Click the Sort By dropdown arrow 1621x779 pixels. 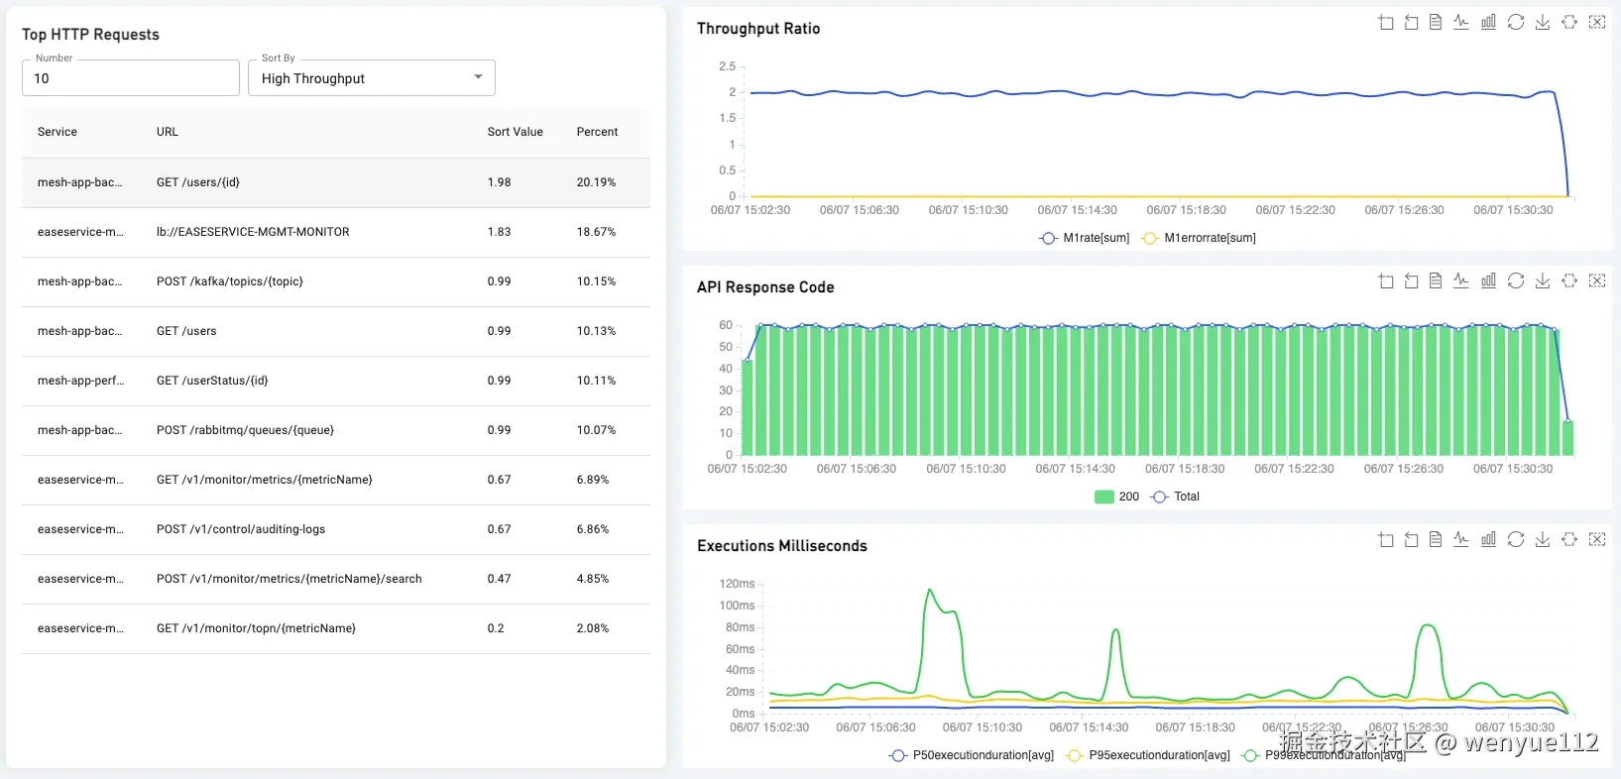tap(478, 77)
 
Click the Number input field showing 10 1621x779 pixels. tap(130, 78)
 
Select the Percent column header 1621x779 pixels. tap(597, 132)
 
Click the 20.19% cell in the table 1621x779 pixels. tap(596, 182)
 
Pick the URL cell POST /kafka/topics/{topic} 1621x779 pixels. tap(230, 281)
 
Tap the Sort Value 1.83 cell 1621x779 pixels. tap(499, 232)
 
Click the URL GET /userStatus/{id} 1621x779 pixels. tap(212, 381)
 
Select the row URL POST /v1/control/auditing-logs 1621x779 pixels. tap(241, 529)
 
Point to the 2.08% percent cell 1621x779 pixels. tap(593, 628)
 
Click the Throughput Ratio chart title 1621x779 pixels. tap(758, 29)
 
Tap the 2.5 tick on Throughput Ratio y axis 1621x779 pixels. tap(728, 66)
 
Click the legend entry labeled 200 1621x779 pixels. tap(1117, 497)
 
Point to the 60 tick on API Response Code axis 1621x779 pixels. tap(726, 325)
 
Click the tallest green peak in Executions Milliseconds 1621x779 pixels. tap(930, 592)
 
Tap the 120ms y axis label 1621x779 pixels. tap(737, 584)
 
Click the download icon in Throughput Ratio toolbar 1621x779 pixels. tap(1543, 22)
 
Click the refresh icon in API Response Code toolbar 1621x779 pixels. tap(1516, 280)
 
